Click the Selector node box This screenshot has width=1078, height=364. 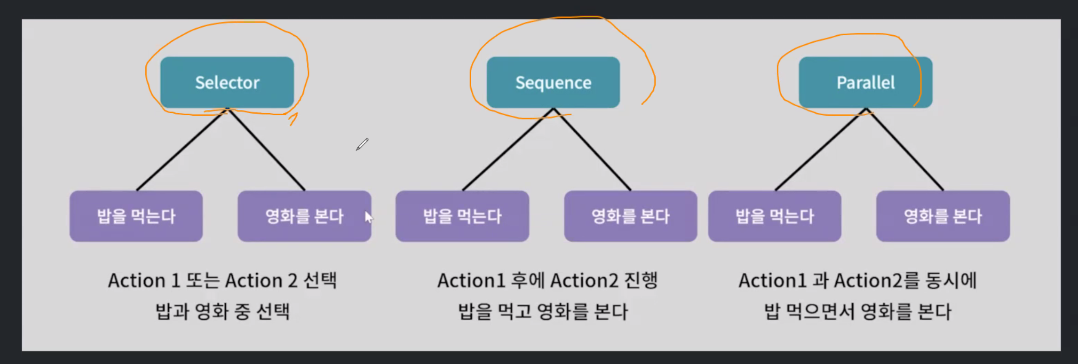coord(227,82)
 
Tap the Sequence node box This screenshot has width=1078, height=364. coord(553,82)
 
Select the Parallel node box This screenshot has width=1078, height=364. coord(865,82)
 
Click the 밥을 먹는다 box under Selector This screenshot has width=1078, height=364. coord(136,216)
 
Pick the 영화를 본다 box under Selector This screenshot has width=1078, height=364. coord(304,216)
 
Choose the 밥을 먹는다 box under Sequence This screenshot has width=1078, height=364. coord(462,216)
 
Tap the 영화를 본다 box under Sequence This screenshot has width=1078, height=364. coord(630,216)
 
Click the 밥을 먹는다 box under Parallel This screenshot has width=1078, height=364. coord(774,216)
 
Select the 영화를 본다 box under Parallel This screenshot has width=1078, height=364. coord(943,216)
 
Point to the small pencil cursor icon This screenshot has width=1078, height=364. coord(362,144)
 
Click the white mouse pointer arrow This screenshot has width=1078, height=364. coord(369,217)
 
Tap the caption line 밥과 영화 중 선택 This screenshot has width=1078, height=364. coord(222,311)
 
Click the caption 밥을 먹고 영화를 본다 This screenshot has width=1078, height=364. coord(543,311)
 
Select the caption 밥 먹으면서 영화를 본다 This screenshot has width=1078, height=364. coord(857,311)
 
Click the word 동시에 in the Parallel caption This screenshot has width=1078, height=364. coord(951,281)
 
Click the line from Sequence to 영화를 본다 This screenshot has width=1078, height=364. coord(593,150)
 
